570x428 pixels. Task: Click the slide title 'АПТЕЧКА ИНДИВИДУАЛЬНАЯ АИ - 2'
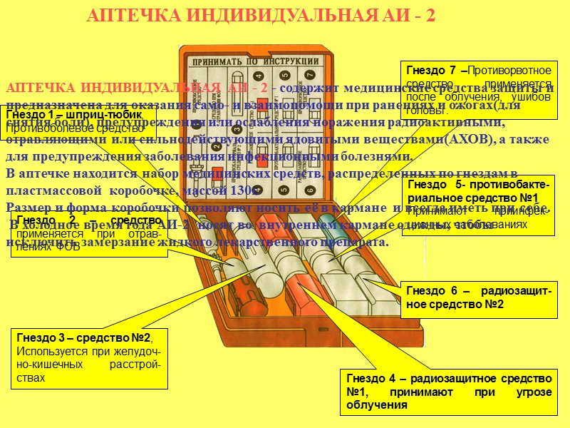coord(264,16)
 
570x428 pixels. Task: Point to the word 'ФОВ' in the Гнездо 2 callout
coord(68,247)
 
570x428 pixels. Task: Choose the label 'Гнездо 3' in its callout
coord(42,339)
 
